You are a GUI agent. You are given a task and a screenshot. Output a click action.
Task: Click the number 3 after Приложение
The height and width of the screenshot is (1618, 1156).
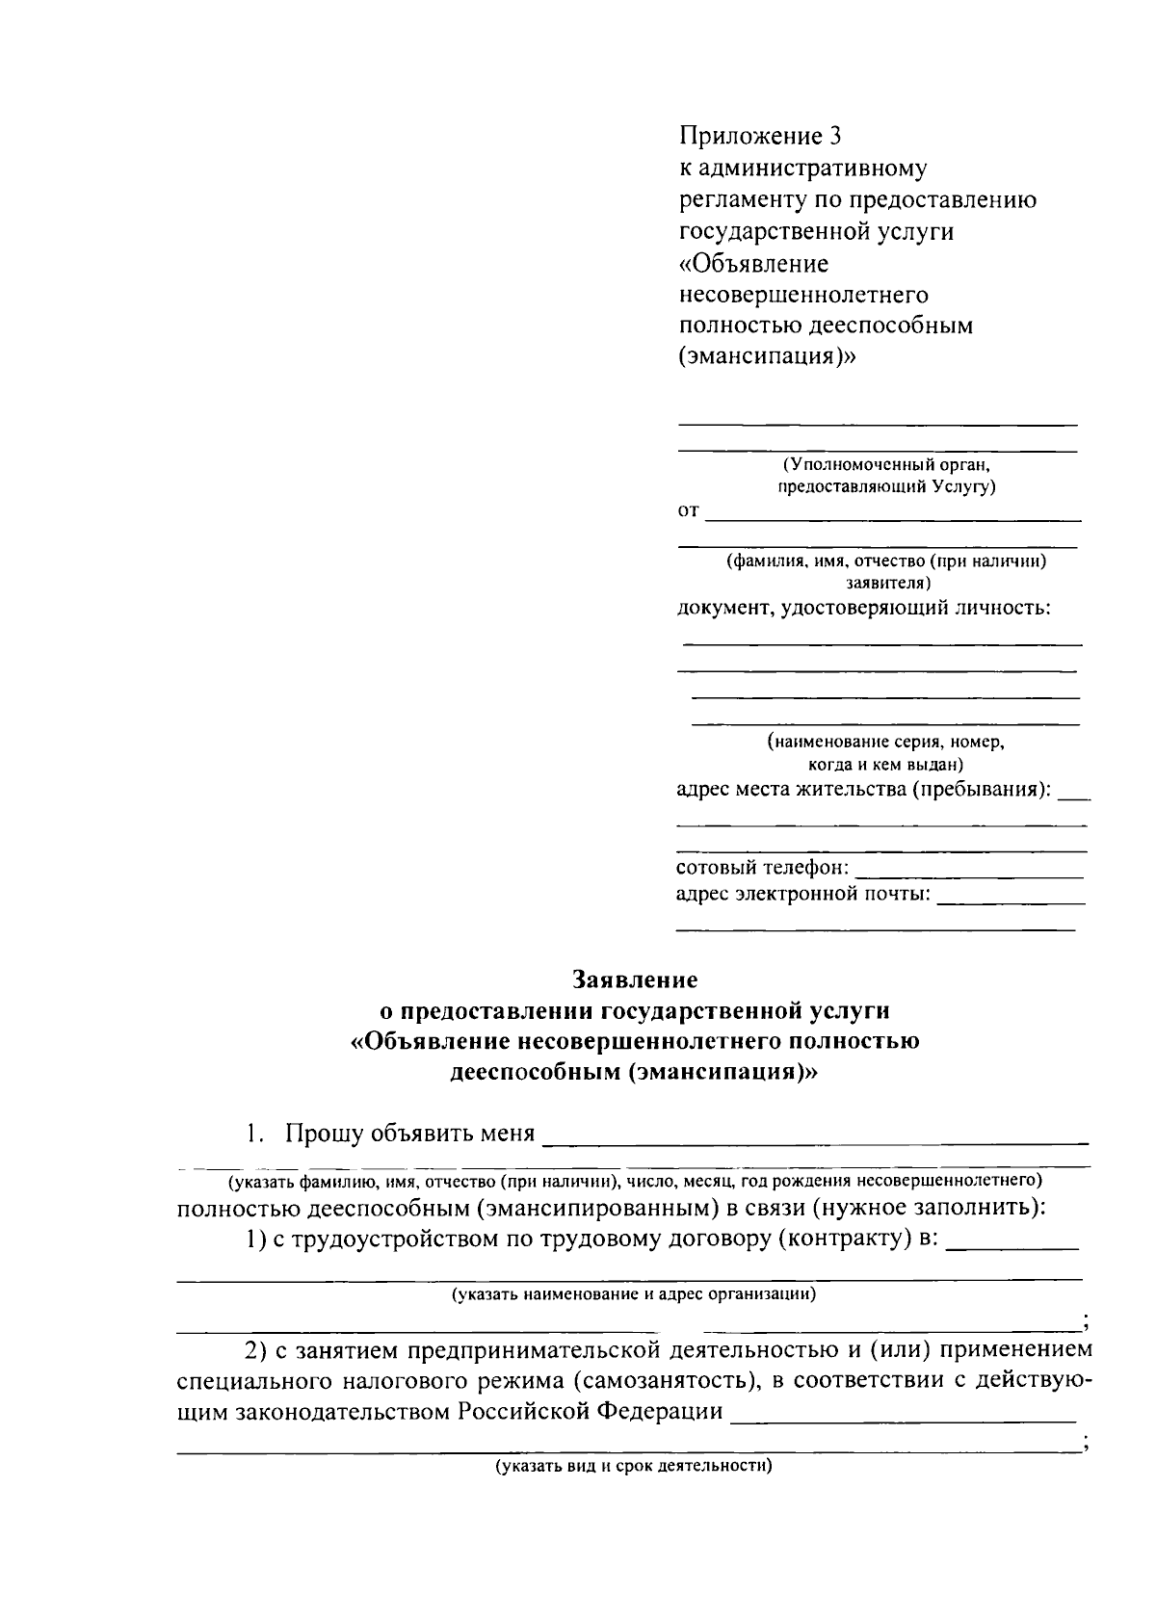tap(835, 136)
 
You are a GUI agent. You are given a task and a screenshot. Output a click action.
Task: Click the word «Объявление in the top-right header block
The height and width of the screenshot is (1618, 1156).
tap(754, 263)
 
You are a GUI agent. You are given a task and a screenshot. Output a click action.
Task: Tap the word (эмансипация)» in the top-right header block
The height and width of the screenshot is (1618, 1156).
tap(766, 357)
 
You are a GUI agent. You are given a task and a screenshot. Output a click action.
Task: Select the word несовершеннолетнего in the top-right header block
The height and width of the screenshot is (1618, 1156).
tap(803, 294)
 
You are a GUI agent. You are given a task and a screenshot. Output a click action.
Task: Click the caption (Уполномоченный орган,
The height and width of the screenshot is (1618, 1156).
tap(886, 464)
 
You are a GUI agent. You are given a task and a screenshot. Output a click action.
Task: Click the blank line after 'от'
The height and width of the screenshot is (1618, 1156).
tap(893, 518)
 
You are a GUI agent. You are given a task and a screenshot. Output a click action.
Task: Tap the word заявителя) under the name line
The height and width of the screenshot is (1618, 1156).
tap(887, 583)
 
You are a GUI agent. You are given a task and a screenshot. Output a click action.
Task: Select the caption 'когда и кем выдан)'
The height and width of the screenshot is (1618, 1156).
tap(885, 765)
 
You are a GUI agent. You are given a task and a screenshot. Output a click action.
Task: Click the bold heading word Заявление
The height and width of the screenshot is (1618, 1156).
tap(635, 979)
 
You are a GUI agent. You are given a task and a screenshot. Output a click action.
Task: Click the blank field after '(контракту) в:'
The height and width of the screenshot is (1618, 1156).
tap(1012, 1246)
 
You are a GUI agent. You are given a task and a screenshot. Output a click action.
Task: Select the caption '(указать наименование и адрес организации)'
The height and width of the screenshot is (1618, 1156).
tap(635, 1293)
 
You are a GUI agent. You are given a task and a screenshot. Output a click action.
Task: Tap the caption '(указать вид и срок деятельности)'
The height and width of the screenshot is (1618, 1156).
tap(635, 1467)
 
